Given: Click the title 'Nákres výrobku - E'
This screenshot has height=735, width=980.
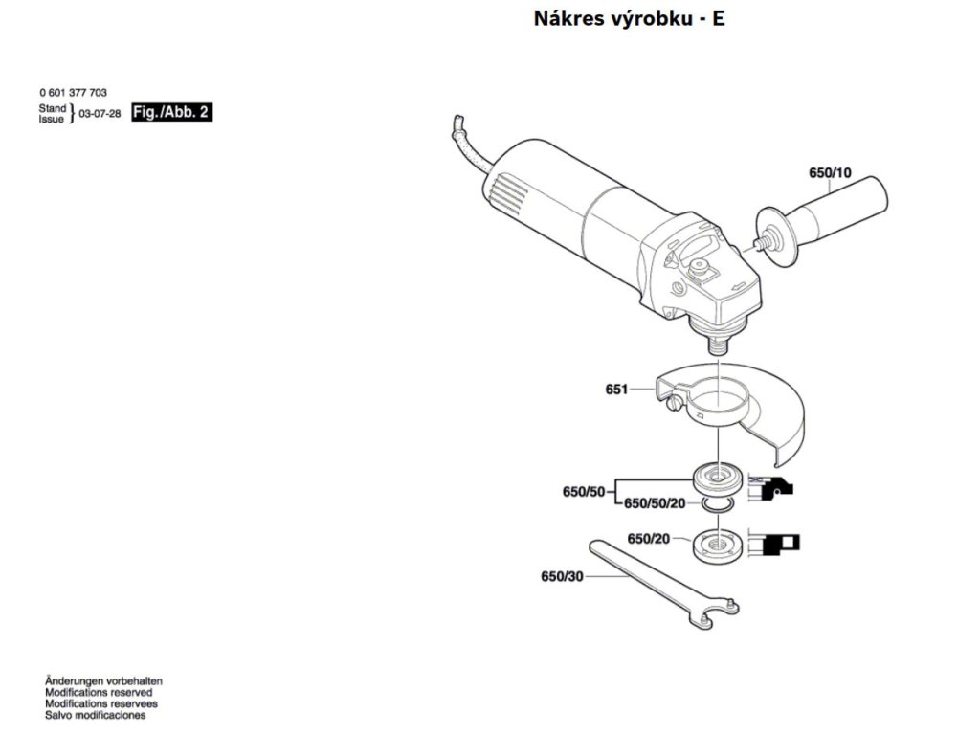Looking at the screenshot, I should point(629,18).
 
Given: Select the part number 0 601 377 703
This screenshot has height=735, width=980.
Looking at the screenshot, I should point(73,93).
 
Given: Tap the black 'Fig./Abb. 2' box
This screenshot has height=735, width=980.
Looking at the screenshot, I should point(171,112).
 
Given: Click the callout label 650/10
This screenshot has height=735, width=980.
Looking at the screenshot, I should point(830,173).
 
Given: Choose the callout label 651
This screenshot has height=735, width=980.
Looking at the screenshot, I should point(616,390).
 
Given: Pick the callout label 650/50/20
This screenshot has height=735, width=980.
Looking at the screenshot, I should point(655,503).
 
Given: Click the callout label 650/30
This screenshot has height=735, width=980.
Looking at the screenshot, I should point(562,577).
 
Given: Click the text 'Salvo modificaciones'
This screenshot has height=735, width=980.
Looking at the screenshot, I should point(95,715).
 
